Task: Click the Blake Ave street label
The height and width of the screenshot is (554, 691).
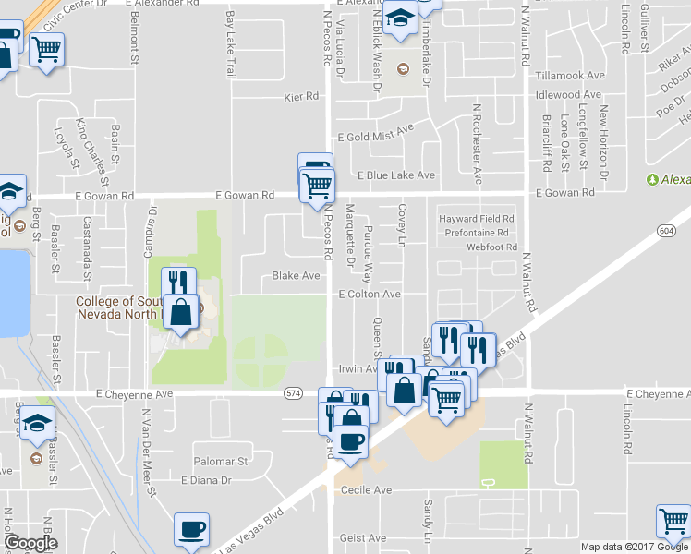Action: click(296, 275)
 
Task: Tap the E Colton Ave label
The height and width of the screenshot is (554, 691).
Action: click(369, 294)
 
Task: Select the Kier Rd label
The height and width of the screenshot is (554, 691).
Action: click(301, 96)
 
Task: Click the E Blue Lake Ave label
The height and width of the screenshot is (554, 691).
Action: click(395, 175)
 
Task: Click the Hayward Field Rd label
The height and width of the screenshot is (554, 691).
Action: click(476, 219)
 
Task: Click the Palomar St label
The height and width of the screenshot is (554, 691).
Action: click(222, 460)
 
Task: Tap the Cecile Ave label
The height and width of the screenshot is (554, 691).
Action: click(367, 489)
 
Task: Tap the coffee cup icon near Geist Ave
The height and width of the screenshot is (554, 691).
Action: click(191, 530)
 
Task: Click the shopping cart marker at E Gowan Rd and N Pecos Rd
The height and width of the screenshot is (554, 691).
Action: click(317, 185)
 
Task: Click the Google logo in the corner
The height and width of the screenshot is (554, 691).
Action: click(30, 542)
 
